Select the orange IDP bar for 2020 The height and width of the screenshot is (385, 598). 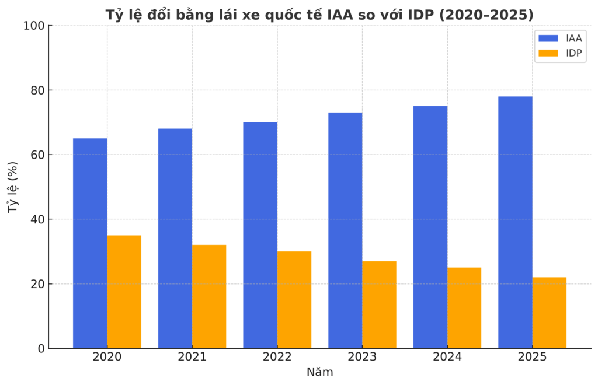(124, 292)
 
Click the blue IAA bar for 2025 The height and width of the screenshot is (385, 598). (515, 222)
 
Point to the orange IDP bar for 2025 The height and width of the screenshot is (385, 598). (549, 313)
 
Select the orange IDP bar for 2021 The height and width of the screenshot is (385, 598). (209, 296)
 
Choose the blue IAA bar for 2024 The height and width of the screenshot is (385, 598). (430, 227)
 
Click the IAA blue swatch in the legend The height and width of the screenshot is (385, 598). (548, 38)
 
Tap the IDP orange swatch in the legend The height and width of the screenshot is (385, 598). (548, 53)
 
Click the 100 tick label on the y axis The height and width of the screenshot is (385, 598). (34, 26)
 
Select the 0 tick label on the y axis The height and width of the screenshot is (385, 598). (40, 349)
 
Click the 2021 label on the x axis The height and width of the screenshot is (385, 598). (192, 357)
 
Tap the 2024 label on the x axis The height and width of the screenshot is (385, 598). (447, 357)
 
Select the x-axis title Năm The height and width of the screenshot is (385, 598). (319, 372)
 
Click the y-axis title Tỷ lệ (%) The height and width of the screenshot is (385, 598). (13, 187)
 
